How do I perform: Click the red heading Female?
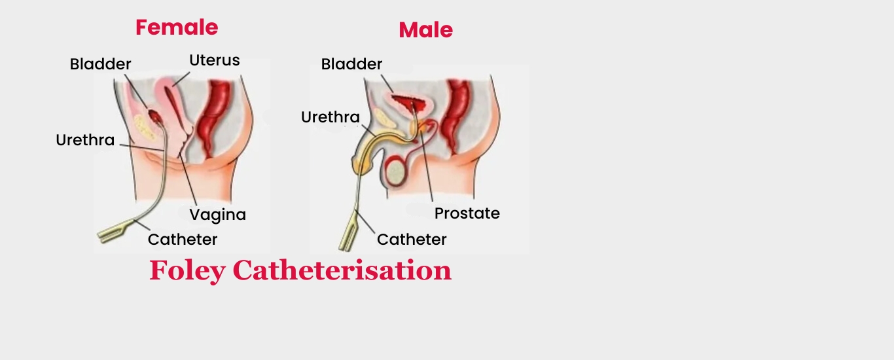pyautogui.click(x=177, y=27)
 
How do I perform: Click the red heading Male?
pyautogui.click(x=426, y=30)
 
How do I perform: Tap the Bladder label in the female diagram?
pyautogui.click(x=100, y=64)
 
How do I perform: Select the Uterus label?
pyautogui.click(x=214, y=60)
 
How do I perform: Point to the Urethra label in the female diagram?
pyautogui.click(x=85, y=140)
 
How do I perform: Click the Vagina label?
pyautogui.click(x=217, y=215)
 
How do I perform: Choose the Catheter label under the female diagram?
pyautogui.click(x=183, y=240)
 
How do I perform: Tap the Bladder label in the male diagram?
pyautogui.click(x=351, y=64)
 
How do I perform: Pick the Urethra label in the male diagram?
pyautogui.click(x=331, y=117)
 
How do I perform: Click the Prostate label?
pyautogui.click(x=467, y=213)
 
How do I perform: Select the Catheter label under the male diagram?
pyautogui.click(x=412, y=240)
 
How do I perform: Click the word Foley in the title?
pyautogui.click(x=187, y=270)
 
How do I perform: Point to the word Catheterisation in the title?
pyautogui.click(x=342, y=270)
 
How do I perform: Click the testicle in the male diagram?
pyautogui.click(x=396, y=171)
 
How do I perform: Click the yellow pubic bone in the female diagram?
pyautogui.click(x=144, y=128)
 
